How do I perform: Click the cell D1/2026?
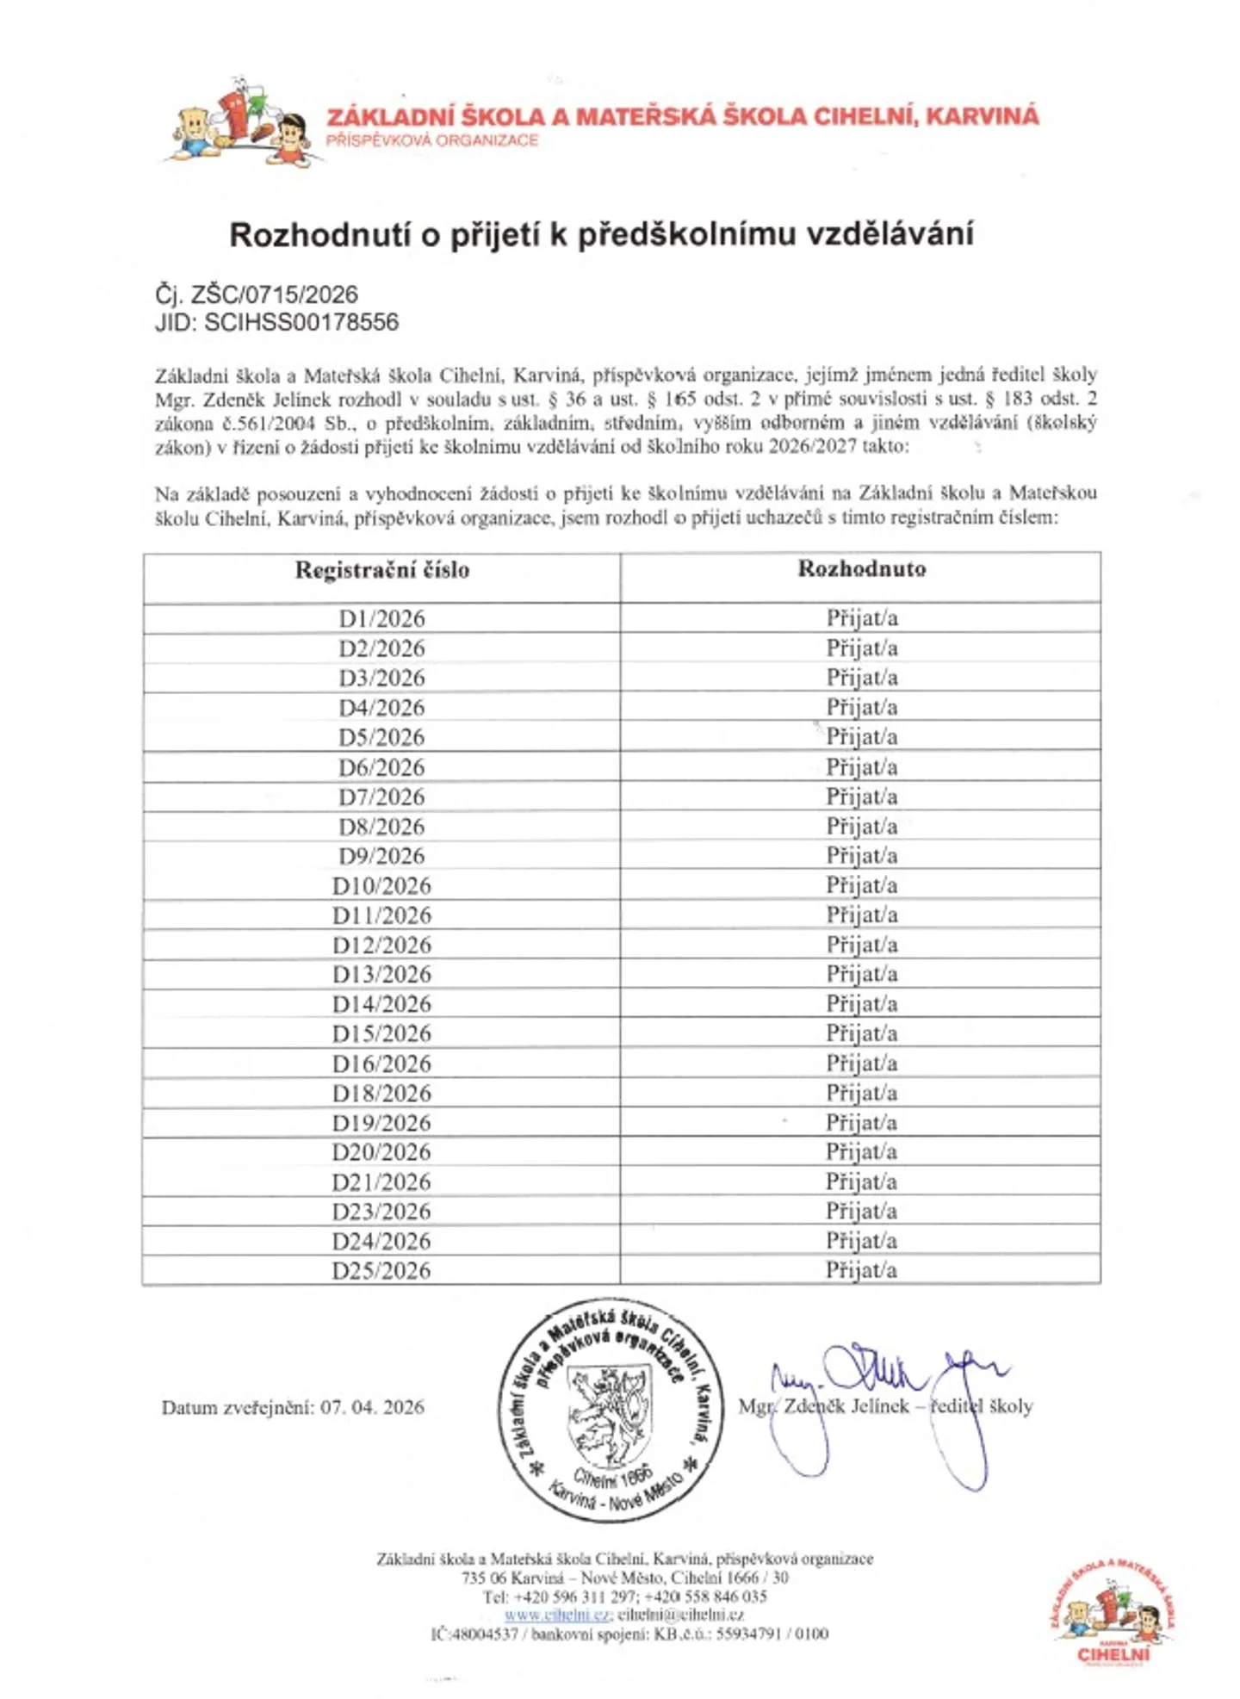point(381,618)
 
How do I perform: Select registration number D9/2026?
point(381,856)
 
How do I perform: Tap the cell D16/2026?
point(381,1063)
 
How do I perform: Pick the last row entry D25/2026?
point(381,1270)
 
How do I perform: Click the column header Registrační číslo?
point(381,570)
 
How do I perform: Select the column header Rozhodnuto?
point(861,568)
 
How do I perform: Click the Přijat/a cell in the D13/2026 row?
point(861,974)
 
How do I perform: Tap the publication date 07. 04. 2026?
point(372,1407)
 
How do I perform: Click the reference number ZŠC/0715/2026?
point(274,295)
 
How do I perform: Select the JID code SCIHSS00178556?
point(301,323)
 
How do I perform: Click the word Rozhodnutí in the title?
point(319,234)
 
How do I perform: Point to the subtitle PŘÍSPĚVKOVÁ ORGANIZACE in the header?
point(431,140)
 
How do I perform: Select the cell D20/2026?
point(381,1152)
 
